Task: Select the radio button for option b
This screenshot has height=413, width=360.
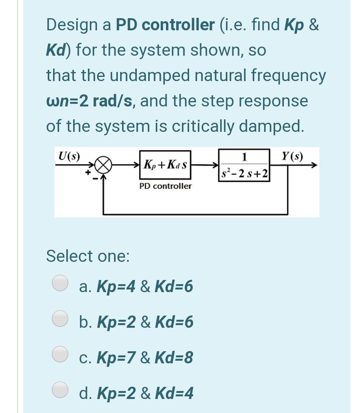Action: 60,319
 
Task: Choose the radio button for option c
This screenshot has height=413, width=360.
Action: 60,354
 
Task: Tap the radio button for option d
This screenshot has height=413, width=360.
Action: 60,391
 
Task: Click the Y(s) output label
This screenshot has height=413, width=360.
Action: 294,156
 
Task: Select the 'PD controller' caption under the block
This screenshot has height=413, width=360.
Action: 165,186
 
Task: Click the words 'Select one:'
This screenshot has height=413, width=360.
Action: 88,256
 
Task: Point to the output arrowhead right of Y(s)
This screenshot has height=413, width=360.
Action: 313,165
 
